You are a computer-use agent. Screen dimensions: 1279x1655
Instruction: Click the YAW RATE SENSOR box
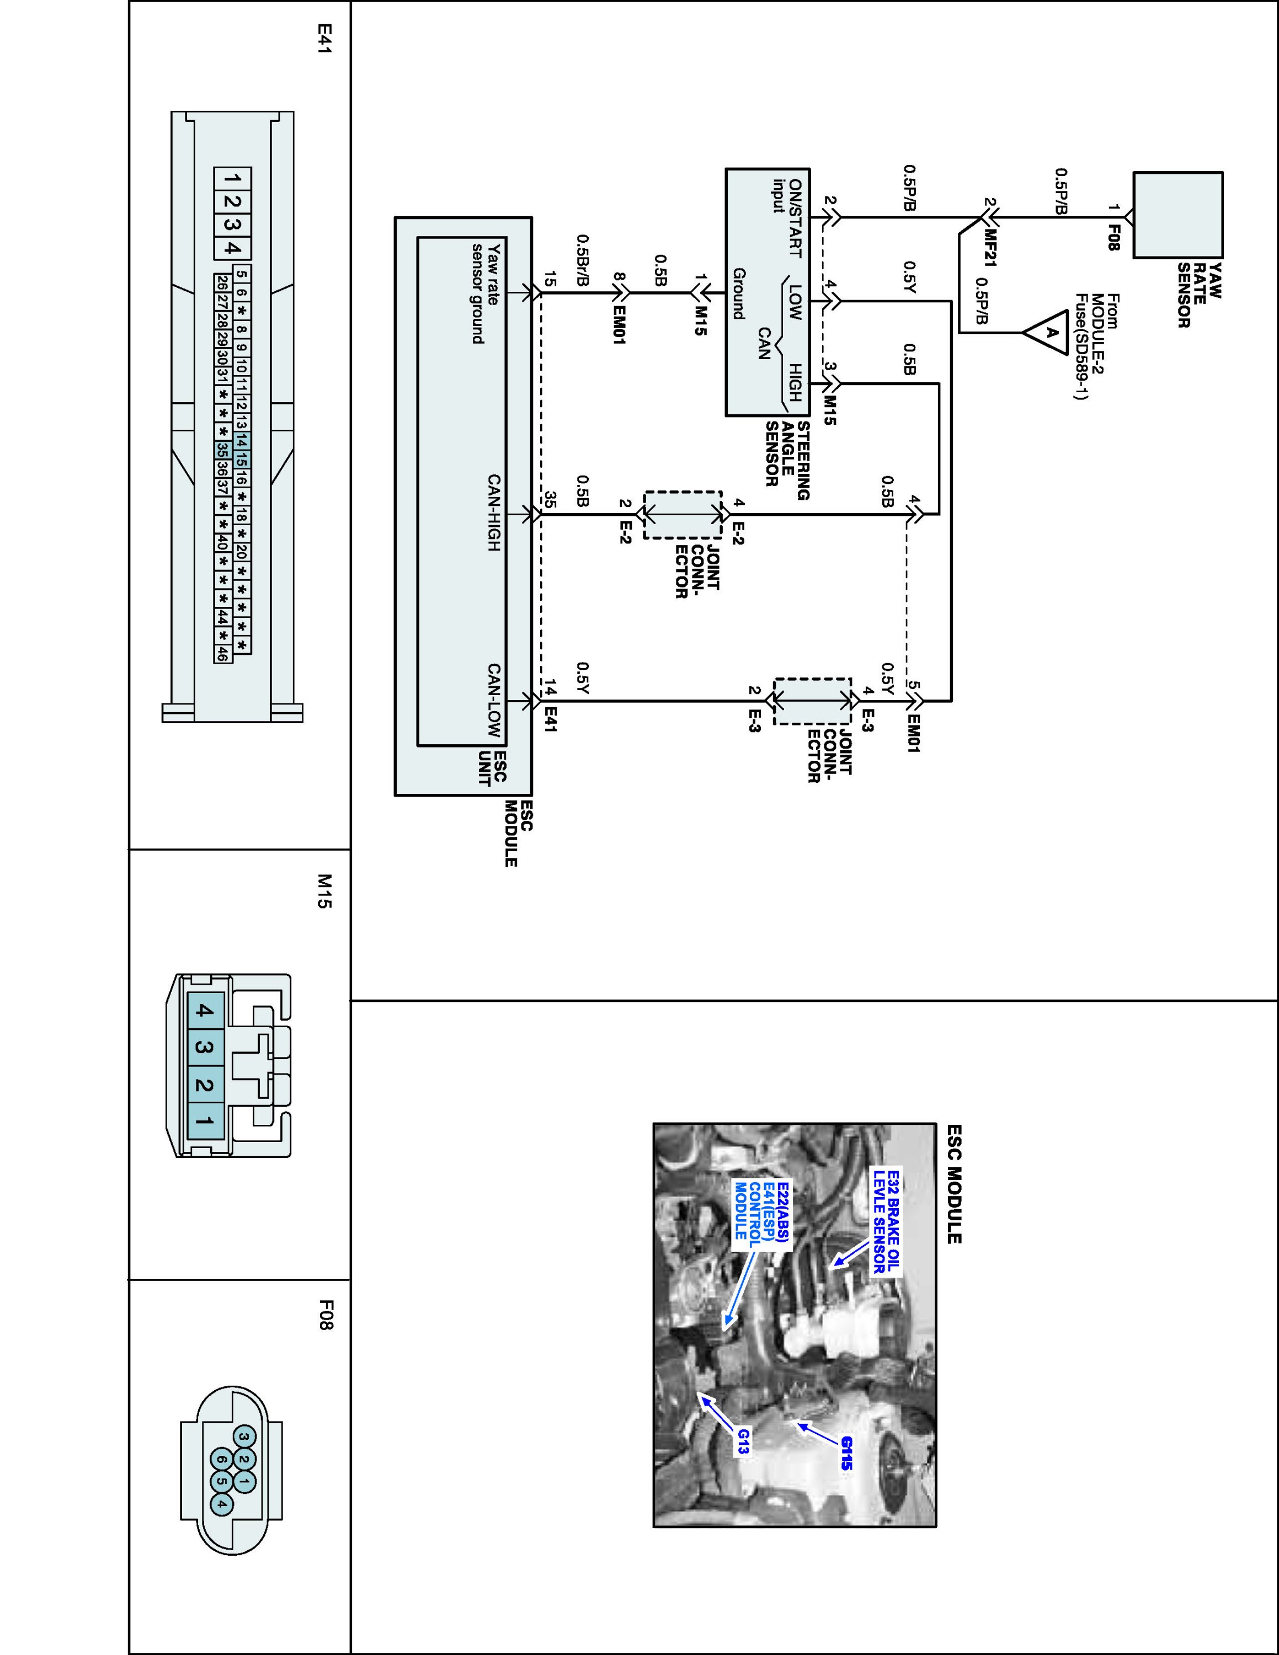coord(1177,215)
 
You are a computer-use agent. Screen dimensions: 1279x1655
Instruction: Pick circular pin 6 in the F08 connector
coord(221,1460)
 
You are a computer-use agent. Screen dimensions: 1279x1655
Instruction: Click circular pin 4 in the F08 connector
coord(221,1503)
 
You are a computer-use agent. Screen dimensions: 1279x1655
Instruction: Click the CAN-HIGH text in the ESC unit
coord(493,512)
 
